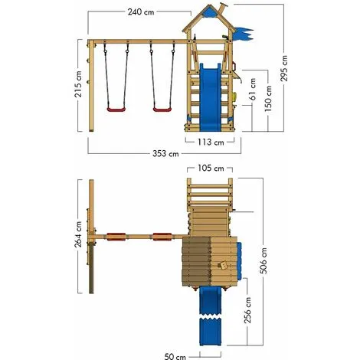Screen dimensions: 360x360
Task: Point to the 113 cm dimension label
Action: click(x=208, y=142)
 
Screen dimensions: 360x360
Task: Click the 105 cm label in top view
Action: click(x=209, y=169)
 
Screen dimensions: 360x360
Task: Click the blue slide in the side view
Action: click(x=209, y=96)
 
